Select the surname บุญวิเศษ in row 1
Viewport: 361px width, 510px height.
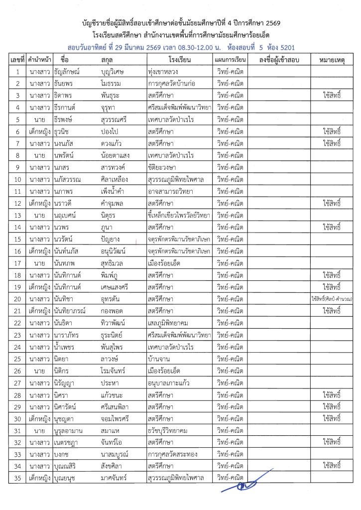(116, 72)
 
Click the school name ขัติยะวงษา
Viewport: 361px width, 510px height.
(162, 166)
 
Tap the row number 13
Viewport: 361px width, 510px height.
(17, 215)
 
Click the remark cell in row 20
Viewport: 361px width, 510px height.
(331, 298)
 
